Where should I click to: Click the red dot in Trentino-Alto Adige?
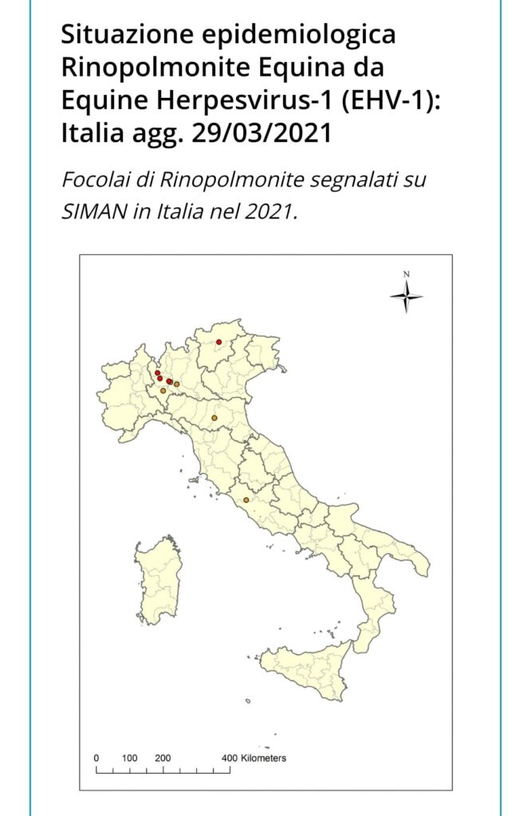pos(218,342)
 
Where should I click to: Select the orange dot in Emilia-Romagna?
pos(214,418)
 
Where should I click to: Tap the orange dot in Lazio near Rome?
pos(246,500)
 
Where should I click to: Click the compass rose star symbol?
pos(407,297)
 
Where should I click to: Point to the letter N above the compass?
pos(407,274)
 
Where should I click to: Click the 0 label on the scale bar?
pos(96,758)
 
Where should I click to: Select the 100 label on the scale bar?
pos(130,758)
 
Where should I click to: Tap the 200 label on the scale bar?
pos(163,758)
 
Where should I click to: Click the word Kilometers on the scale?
pos(264,758)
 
